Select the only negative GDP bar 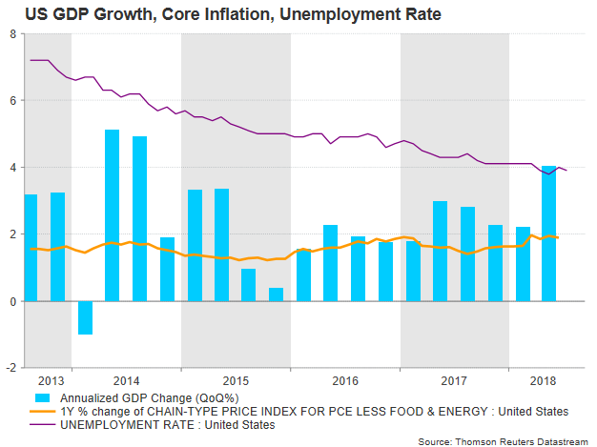pyautogui.click(x=85, y=317)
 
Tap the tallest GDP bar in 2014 pyautogui.click(x=112, y=214)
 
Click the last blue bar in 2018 pyautogui.click(x=548, y=234)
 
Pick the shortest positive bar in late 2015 pyautogui.click(x=276, y=294)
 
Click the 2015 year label pyautogui.click(x=236, y=379)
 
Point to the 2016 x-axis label pyautogui.click(x=345, y=379)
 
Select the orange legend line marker pyautogui.click(x=44, y=411)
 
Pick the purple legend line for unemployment pyautogui.click(x=44, y=424)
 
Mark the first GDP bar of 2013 pyautogui.click(x=31, y=247)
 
